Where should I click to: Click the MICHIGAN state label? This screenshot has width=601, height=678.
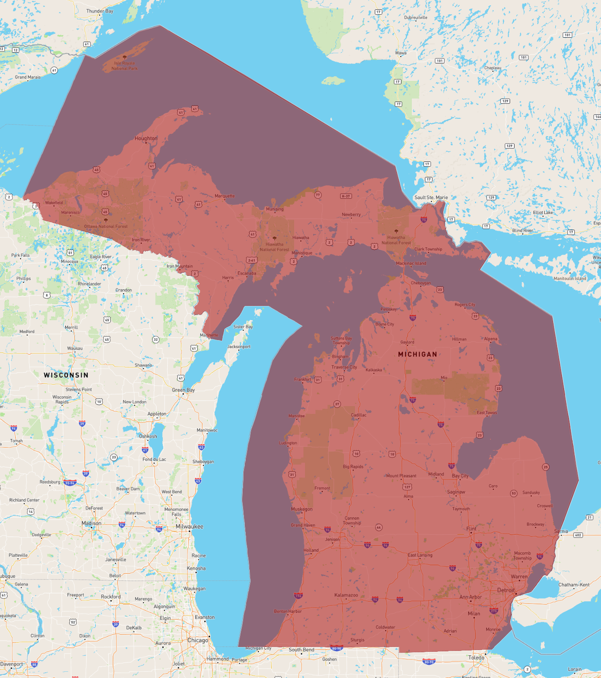tap(417, 354)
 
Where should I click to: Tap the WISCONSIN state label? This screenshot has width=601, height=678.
tap(66, 375)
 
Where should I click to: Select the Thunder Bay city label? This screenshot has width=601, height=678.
tap(100, 11)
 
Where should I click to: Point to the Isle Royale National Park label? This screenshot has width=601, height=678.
tap(125, 66)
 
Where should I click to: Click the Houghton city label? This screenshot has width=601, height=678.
tap(146, 138)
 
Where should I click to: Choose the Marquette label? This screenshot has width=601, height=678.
tap(224, 196)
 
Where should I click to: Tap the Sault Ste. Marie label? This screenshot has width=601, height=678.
tap(431, 197)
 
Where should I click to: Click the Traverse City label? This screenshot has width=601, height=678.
tap(344, 367)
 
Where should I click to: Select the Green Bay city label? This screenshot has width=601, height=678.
tap(183, 390)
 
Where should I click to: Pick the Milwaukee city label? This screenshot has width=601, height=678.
tap(189, 527)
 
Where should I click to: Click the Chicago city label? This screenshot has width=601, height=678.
tap(197, 640)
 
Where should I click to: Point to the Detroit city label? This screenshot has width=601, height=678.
tap(506, 590)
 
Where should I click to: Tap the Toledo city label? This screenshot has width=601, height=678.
tap(476, 658)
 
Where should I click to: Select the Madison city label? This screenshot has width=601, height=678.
tap(91, 523)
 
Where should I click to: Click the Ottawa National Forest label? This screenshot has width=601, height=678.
tap(106, 226)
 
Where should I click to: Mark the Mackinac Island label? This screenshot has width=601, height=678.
tap(411, 263)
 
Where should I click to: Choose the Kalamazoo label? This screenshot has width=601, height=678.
tap(346, 595)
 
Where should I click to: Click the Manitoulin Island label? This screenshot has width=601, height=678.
tap(570, 278)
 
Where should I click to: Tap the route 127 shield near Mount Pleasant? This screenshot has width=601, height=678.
tap(407, 487)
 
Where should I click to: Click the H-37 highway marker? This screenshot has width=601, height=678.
tap(346, 196)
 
